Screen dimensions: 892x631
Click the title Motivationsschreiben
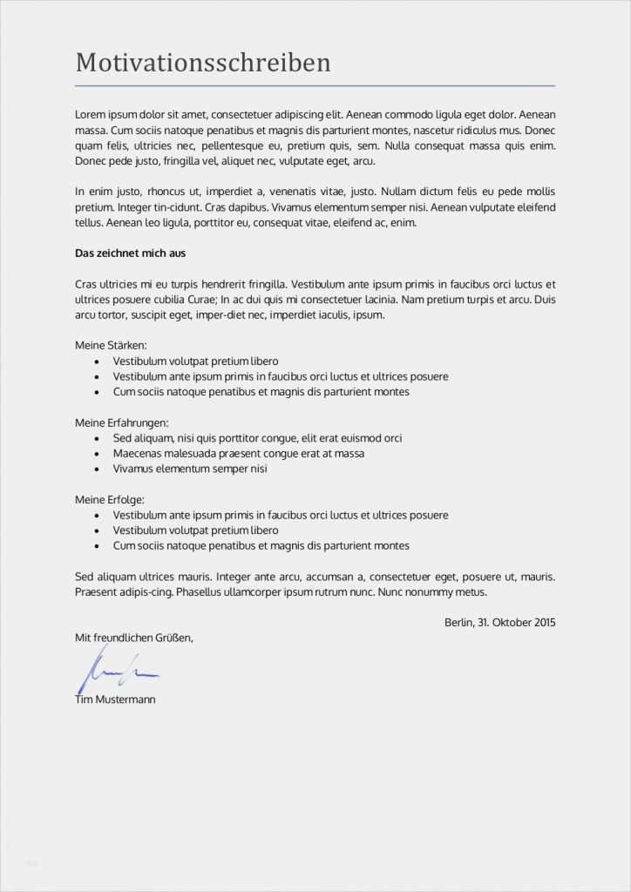coord(203,63)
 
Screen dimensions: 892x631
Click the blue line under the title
coord(315,86)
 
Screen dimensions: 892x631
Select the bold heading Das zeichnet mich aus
coord(131,253)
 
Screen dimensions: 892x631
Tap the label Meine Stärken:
coord(111,346)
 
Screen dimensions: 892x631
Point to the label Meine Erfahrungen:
coord(122,422)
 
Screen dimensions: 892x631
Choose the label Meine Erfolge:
coord(110,500)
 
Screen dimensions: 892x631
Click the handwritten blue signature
coord(118,671)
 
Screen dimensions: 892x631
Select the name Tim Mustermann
coord(116,699)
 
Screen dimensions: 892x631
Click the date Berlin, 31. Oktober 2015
coord(499,623)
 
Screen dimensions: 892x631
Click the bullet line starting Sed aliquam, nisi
coord(257,438)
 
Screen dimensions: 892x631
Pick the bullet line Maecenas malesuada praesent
coord(238,454)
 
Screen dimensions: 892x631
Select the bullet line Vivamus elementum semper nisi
coord(189,469)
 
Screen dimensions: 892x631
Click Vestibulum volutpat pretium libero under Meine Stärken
coord(195,361)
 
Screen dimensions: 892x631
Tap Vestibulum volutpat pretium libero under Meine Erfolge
coord(195,530)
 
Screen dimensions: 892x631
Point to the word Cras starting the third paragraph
coord(86,284)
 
